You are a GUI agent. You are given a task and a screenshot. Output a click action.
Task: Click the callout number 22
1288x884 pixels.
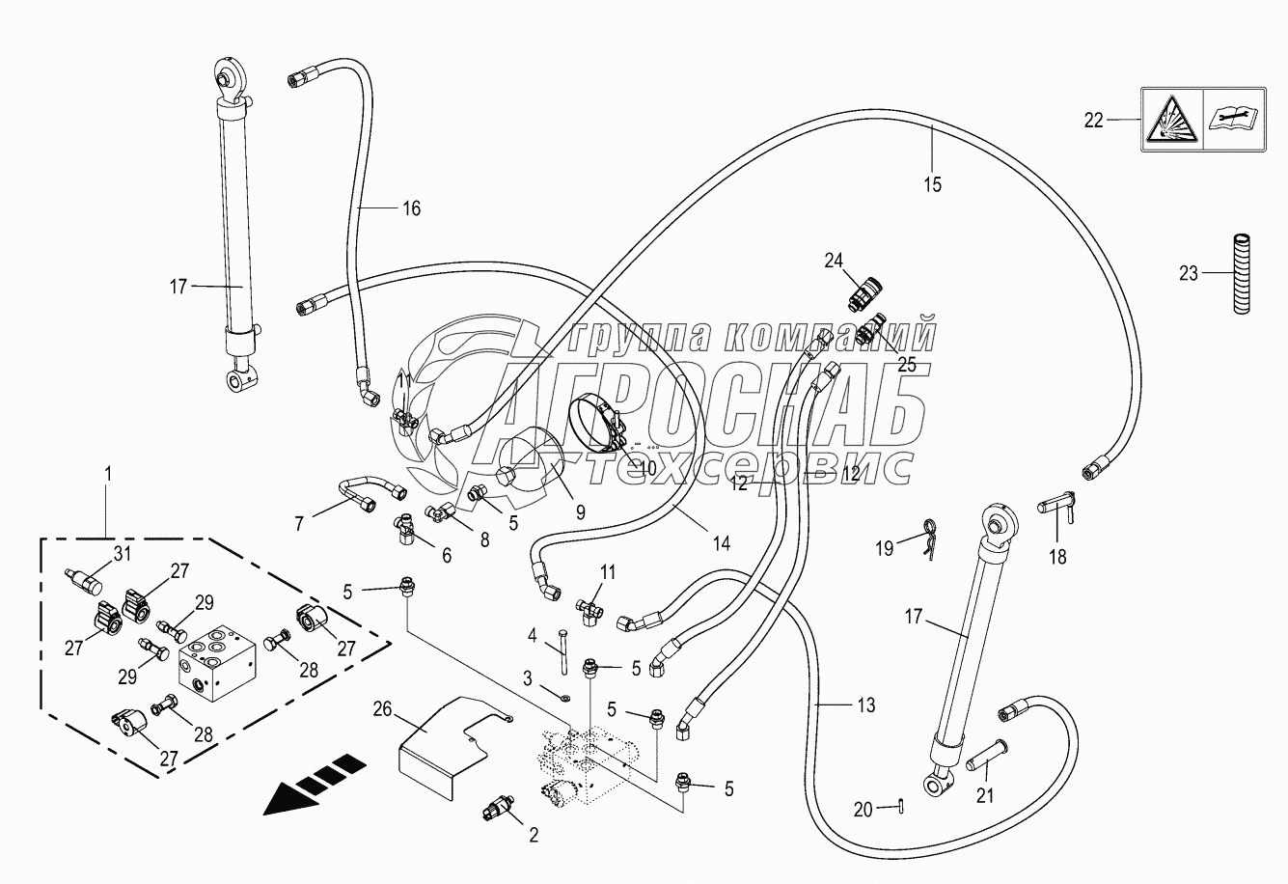(x=1092, y=121)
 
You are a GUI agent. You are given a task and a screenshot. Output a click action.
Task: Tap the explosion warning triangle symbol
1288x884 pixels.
(x=1170, y=119)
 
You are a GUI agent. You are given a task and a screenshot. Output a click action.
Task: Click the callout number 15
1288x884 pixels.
(x=933, y=184)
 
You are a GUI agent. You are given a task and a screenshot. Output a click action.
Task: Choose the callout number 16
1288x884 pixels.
(x=411, y=207)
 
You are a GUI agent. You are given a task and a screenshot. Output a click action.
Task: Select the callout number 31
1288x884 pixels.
(x=121, y=553)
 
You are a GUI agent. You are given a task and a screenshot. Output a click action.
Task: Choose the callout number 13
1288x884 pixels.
(x=865, y=705)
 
